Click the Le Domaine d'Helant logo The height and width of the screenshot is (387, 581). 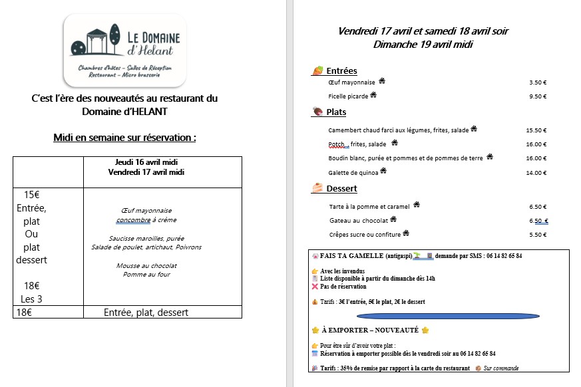pos(124,49)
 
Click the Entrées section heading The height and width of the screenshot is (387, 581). pos(341,71)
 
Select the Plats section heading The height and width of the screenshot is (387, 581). pos(336,112)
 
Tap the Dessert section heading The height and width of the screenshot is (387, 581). pos(341,189)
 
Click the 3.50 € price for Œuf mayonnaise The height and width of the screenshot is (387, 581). pos(537,82)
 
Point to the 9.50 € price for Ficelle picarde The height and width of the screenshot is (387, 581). pos(537,96)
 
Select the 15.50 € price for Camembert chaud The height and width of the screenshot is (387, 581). pos(536,130)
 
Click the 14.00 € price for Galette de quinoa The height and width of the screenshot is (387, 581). pos(536,173)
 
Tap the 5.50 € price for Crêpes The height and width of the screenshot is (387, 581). pos(537,235)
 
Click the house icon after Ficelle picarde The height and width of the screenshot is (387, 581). pos(373,95)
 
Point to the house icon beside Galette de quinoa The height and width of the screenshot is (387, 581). pos(383,171)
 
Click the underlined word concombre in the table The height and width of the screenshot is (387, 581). pos(133,219)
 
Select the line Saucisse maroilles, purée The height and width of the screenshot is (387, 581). pos(146,238)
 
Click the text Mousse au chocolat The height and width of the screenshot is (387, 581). pos(146,265)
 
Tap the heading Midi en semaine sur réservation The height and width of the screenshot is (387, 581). pos(124,138)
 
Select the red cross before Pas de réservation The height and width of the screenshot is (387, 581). pos(315,287)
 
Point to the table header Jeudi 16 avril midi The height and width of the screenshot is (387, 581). pos(146,162)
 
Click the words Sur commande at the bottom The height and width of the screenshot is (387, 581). pos(500,368)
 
